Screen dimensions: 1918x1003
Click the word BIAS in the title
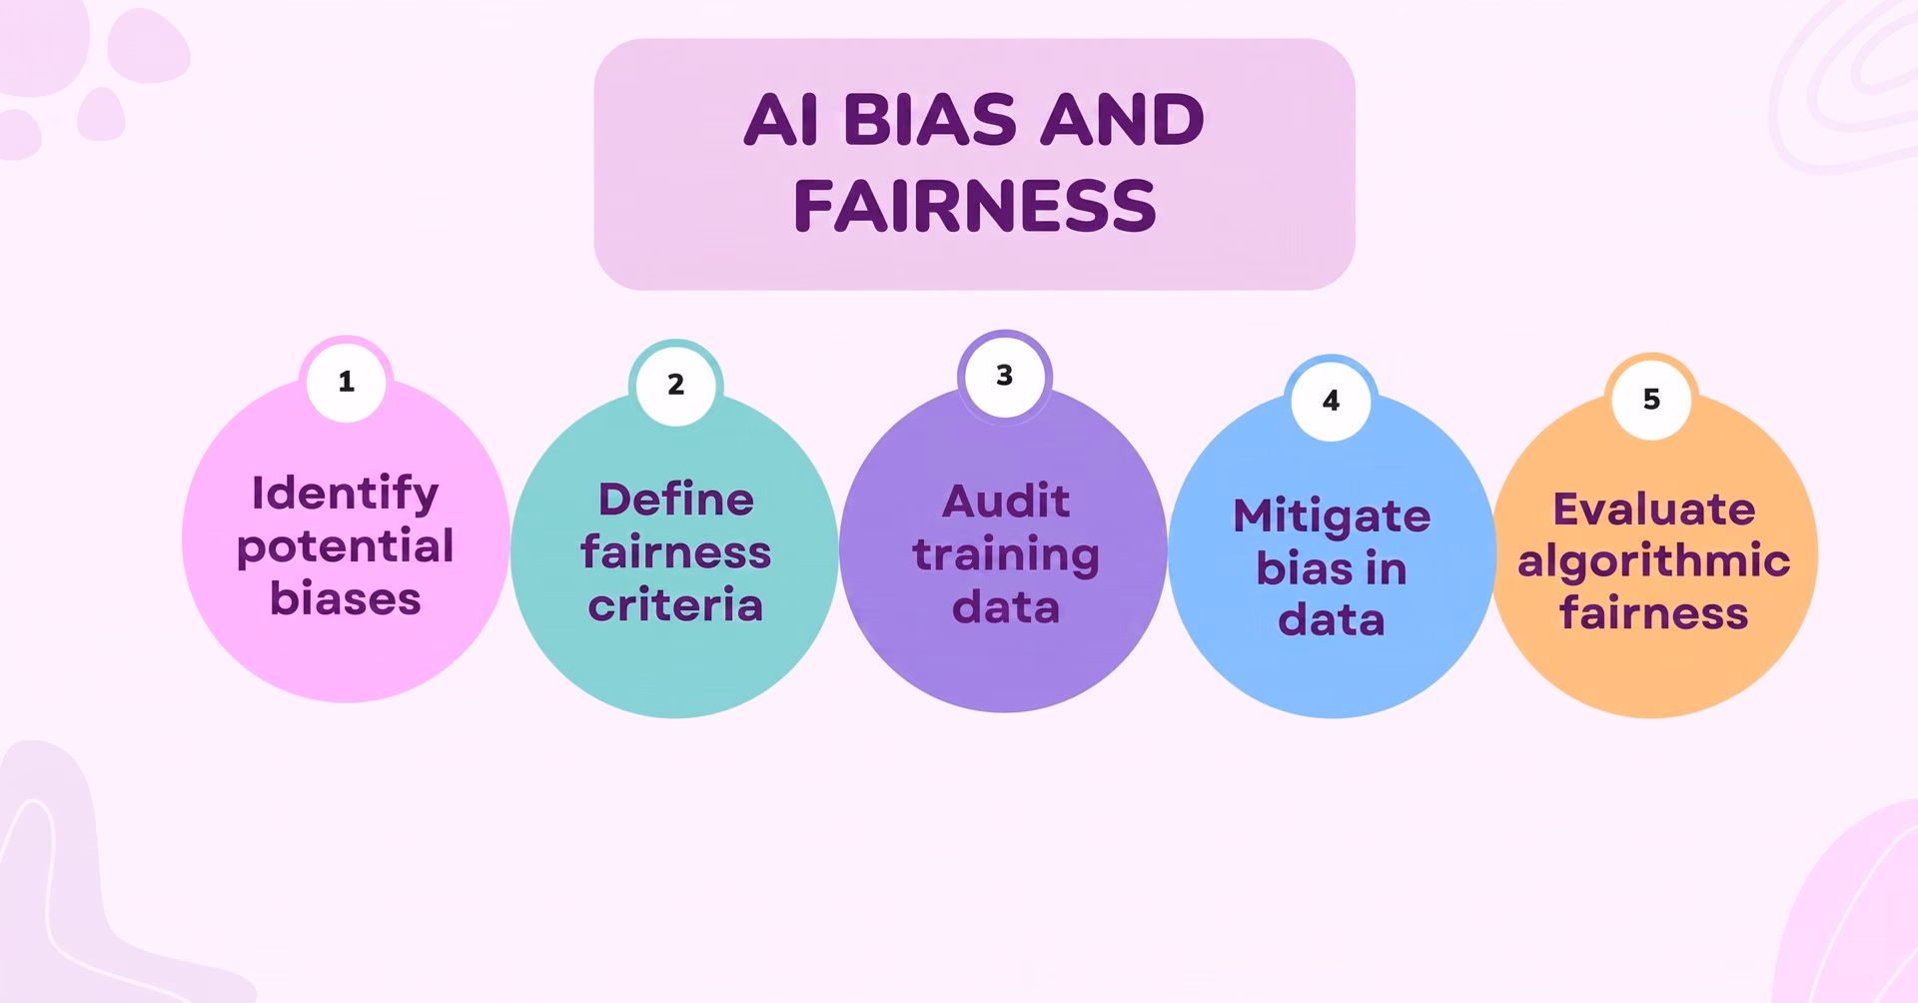(930, 120)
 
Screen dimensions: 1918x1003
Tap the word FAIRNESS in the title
(975, 207)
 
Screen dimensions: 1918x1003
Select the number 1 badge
(347, 382)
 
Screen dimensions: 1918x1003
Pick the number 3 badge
(1005, 377)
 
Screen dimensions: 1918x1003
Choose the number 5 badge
(1652, 400)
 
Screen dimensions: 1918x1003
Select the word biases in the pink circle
(346, 599)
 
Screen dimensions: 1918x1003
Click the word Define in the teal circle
(676, 500)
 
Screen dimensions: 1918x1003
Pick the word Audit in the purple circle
(1006, 501)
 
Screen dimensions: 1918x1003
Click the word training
(1006, 556)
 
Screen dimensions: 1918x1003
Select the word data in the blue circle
(1332, 620)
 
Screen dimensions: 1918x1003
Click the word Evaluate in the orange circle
(1654, 509)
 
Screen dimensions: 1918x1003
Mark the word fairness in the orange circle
(1654, 613)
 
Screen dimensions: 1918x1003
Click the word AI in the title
(782, 120)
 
